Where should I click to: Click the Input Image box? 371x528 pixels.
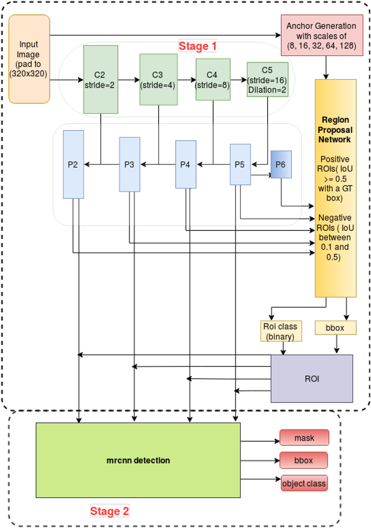(29, 59)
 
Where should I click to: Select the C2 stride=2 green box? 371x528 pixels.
(101, 80)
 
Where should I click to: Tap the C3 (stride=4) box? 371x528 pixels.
(158, 80)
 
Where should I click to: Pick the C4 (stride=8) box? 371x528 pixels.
(213, 80)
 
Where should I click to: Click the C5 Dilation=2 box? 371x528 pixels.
(267, 80)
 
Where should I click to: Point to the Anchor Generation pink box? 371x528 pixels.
(322, 35)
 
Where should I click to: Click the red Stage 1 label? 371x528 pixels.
(198, 46)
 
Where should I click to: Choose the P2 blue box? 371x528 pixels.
(73, 164)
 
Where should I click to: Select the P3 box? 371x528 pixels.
(130, 164)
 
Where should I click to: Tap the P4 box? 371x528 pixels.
(185, 164)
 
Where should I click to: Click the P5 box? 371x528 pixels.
(240, 164)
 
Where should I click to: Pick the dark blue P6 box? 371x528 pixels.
(281, 164)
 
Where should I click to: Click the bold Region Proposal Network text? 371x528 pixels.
(335, 130)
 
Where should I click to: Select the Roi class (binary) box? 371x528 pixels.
(281, 331)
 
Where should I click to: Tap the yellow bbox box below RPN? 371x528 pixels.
(335, 328)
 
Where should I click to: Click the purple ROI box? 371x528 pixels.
(311, 378)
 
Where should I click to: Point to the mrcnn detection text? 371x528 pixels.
(138, 460)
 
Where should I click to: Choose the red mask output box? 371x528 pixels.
(304, 438)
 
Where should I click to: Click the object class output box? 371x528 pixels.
(304, 483)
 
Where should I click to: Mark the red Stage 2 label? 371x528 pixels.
(109, 511)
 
